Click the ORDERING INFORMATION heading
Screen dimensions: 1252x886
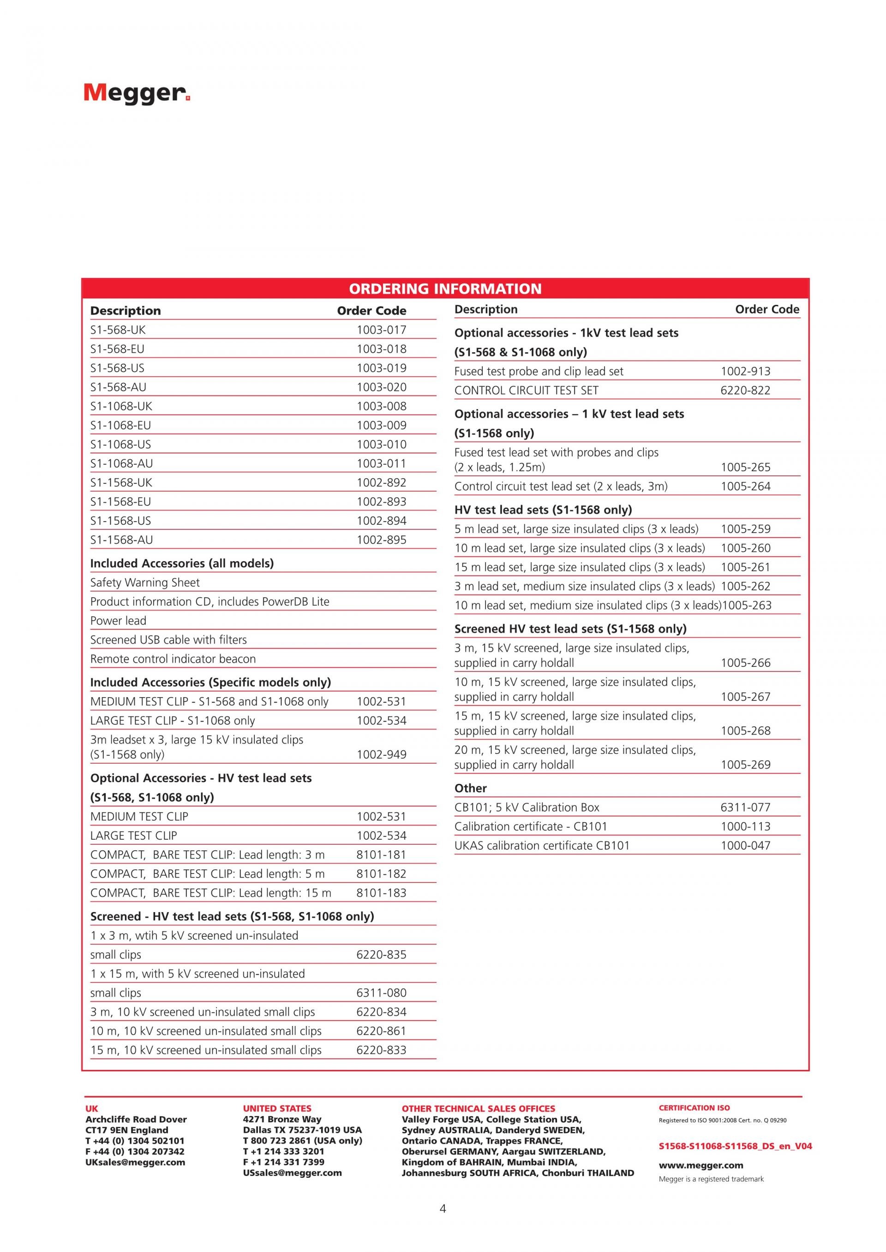[445, 289]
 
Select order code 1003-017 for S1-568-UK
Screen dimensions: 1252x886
[381, 330]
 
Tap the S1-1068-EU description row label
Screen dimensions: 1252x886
[120, 425]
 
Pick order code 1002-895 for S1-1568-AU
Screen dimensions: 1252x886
[381, 540]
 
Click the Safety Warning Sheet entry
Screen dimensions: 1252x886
[145, 582]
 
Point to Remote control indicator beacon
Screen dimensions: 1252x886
[173, 659]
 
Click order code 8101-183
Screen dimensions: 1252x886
[381, 893]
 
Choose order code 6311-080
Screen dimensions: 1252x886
[381, 992]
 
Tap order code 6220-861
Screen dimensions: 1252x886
[381, 1031]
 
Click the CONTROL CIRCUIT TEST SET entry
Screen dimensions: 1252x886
[527, 391]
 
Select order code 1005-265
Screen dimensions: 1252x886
[745, 467]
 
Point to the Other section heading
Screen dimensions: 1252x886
[471, 788]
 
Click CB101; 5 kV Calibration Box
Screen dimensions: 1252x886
[527, 807]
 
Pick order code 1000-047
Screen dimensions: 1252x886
[745, 845]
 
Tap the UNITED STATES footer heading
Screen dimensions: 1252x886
[277, 1108]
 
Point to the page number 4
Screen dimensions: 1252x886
[443, 1208]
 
